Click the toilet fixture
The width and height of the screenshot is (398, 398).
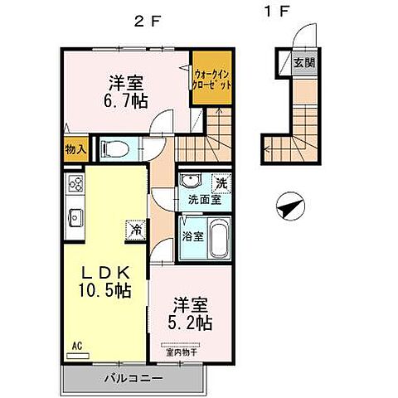point(116,150)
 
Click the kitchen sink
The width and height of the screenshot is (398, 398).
point(74,217)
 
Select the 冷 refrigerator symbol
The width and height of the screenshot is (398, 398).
point(133,228)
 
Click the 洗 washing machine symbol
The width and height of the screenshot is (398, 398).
point(221,182)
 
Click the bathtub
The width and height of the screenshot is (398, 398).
point(219,240)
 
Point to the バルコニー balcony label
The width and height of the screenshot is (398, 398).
point(133,378)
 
